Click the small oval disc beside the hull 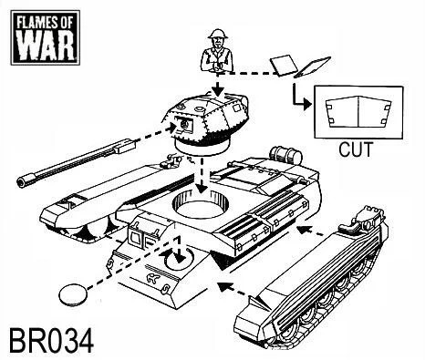click(x=73, y=293)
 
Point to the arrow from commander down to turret click(x=218, y=87)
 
